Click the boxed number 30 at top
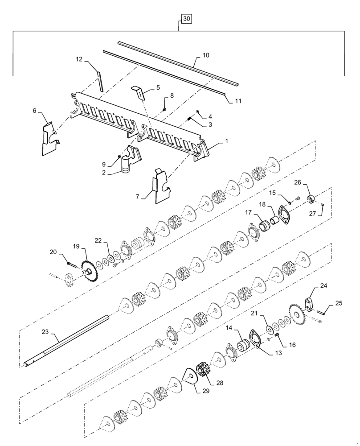(186, 19)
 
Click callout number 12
(79, 59)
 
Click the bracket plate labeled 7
(160, 185)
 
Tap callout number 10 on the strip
(206, 56)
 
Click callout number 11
(238, 101)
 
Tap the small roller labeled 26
(310, 198)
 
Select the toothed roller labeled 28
(205, 376)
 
